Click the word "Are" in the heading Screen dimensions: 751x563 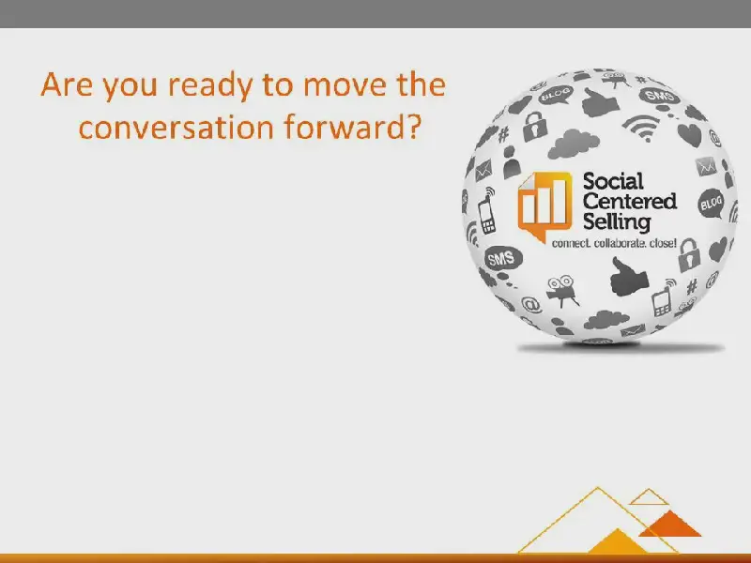67,84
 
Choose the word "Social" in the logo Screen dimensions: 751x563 613,181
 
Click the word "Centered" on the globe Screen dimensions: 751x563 630,202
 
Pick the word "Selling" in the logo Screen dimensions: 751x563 617,222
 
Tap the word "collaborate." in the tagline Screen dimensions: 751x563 620,243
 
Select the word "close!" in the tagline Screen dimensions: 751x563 663,243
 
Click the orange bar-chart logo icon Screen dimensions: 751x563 545,206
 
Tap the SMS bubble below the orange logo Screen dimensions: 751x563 502,259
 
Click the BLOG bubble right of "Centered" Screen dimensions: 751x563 712,204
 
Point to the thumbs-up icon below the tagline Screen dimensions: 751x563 628,277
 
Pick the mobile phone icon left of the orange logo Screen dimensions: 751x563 487,211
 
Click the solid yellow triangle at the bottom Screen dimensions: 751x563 618,543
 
